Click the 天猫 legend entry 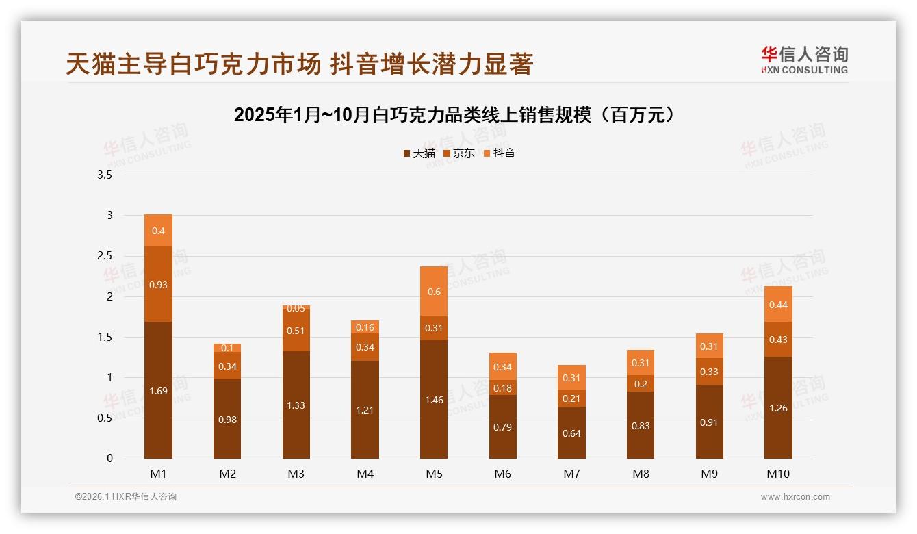tap(419, 153)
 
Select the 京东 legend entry tap(459, 153)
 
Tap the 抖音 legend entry tap(500, 153)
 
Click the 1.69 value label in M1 tap(158, 391)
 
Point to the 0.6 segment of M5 tap(434, 292)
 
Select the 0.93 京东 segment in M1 tap(158, 284)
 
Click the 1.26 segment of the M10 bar tap(778, 408)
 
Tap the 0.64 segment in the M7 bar tap(571, 433)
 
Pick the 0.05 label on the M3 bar tap(296, 308)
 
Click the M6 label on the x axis tap(502, 474)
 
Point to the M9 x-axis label tap(709, 474)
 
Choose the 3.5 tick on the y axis tap(105, 175)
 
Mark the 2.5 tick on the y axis tap(105, 256)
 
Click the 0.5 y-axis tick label tap(105, 418)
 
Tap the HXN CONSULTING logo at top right tap(804, 60)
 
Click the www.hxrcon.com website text tap(795, 497)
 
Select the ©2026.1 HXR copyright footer tap(126, 497)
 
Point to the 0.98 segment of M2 tap(227, 419)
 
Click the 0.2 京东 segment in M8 tap(641, 383)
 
